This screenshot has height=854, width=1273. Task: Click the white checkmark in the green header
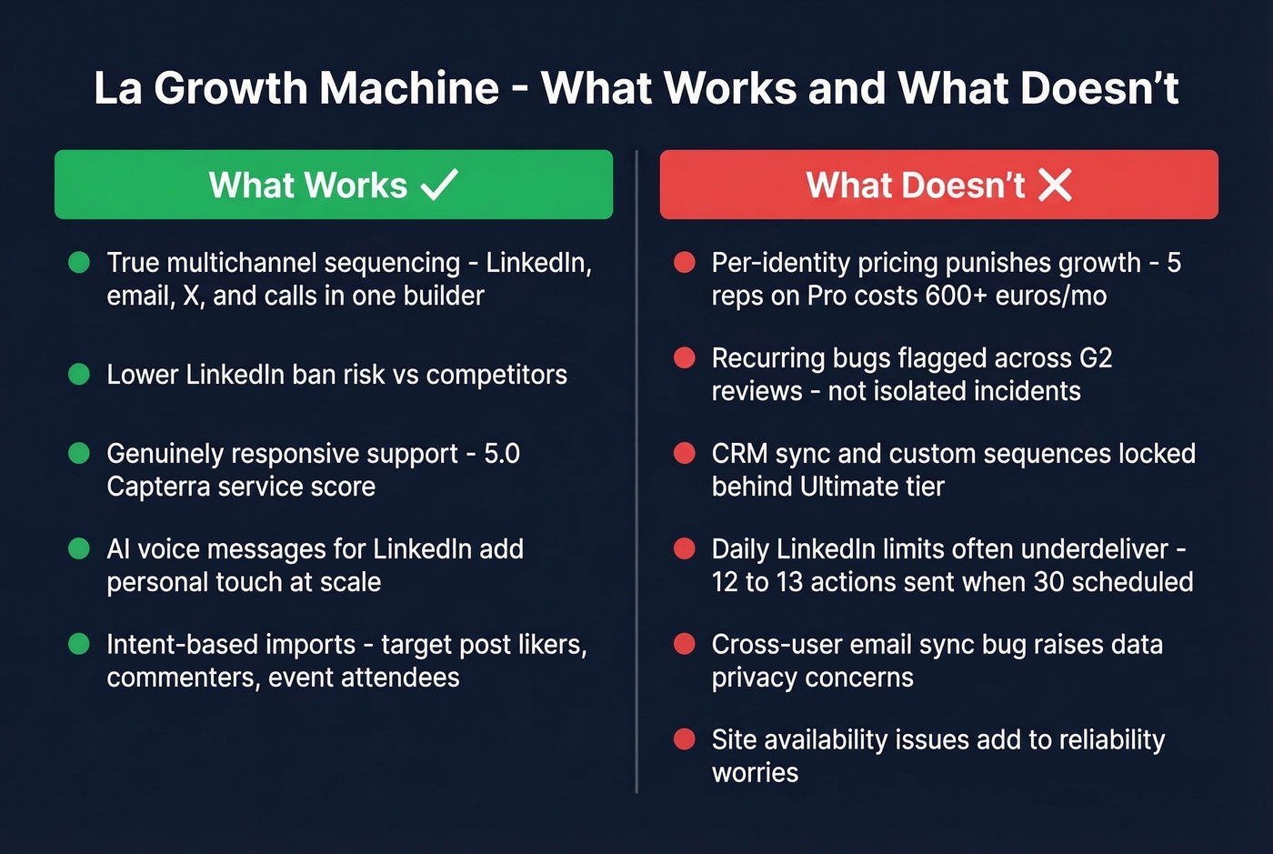click(440, 185)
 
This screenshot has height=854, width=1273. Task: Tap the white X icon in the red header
click(1055, 185)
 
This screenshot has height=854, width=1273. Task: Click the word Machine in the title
click(409, 88)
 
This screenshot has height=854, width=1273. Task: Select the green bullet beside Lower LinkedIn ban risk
click(79, 375)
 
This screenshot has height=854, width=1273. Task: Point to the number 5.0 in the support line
click(502, 454)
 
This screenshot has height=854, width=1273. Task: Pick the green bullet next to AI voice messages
click(79, 549)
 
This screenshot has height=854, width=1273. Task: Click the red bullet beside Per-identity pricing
click(684, 263)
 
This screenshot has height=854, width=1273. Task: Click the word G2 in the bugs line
click(1095, 358)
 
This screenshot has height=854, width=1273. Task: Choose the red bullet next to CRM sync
click(684, 454)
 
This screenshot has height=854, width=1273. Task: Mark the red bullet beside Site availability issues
click(684, 739)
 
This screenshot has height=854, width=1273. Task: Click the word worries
click(755, 773)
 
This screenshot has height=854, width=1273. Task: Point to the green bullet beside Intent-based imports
click(79, 645)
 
